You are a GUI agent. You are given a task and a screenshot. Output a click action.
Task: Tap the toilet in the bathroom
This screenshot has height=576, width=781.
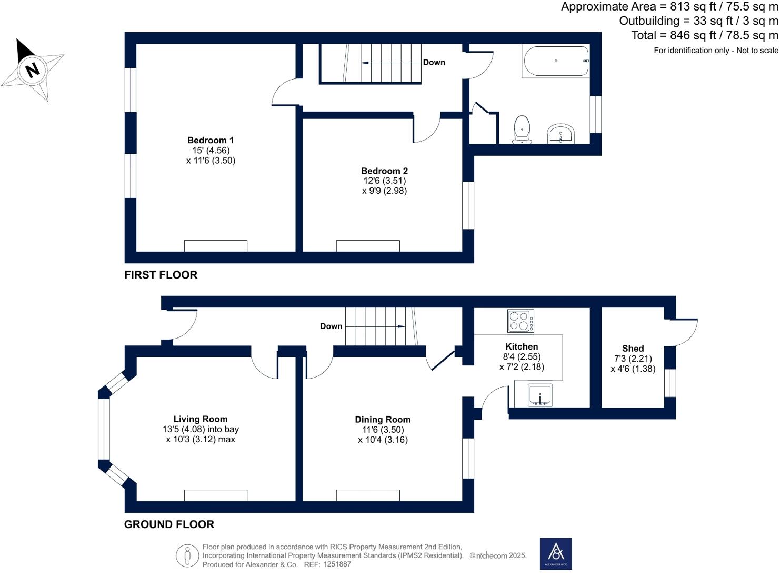point(522,130)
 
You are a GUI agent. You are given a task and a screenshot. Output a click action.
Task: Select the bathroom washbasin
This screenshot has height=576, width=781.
point(560,134)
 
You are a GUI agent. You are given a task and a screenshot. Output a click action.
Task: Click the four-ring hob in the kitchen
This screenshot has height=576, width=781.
point(520,321)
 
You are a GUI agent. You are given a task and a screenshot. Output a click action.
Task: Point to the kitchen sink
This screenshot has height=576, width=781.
point(540,395)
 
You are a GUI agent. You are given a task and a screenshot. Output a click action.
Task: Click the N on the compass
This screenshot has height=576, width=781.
point(33,70)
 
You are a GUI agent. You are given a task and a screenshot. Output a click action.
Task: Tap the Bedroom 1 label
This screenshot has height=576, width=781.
point(211,140)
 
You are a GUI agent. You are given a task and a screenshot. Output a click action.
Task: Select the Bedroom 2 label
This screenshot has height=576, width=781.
point(384,171)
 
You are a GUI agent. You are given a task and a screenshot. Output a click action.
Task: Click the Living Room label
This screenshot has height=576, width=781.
point(201,419)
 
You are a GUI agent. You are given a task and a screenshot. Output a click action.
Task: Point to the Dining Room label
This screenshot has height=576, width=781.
point(383,419)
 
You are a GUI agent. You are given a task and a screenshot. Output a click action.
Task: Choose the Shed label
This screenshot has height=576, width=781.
point(633,348)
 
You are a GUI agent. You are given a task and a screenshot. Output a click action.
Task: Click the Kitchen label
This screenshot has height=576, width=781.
point(522,346)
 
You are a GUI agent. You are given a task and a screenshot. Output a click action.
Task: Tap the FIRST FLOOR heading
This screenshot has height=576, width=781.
point(161,275)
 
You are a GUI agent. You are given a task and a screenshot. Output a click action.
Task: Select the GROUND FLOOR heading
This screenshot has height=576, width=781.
point(169,524)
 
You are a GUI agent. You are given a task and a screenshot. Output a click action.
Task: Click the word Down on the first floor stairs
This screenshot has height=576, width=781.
point(434,63)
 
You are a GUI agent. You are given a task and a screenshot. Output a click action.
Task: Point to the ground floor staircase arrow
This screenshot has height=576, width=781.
point(375,326)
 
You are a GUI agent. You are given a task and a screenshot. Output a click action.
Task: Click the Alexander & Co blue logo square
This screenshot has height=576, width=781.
point(556,554)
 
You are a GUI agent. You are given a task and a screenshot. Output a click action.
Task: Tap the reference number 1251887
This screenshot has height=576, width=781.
point(337,564)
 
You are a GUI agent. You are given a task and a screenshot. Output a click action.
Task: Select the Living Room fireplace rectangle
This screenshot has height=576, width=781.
point(215,495)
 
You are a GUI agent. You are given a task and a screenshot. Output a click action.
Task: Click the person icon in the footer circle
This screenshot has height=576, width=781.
point(187,555)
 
